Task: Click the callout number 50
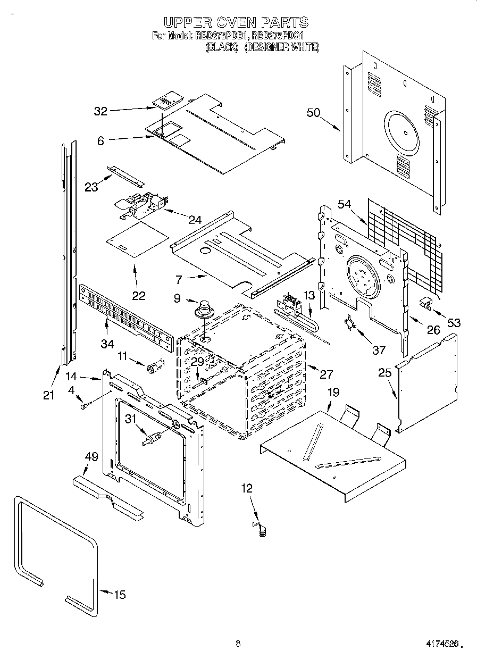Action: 314,112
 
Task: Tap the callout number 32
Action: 101,111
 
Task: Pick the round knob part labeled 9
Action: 203,310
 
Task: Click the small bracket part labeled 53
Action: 426,303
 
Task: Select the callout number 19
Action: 333,393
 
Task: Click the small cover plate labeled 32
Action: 168,100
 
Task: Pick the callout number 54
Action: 345,205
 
